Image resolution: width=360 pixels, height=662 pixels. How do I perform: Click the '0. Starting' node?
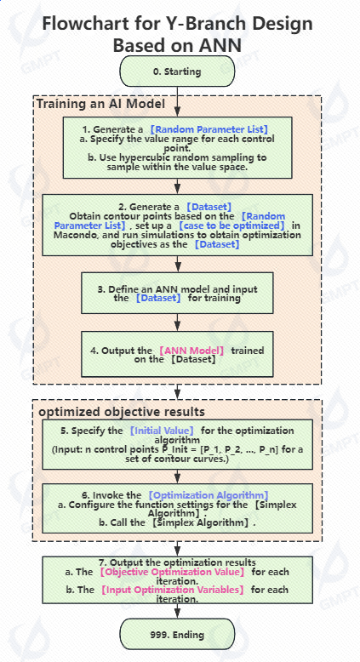click(177, 71)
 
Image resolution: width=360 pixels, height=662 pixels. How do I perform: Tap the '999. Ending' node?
click(177, 635)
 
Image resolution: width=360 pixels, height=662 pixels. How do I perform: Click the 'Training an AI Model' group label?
click(100, 104)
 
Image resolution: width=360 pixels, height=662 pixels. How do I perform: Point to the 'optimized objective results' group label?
click(122, 411)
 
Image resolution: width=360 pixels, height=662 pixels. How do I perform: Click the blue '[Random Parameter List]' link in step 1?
click(209, 129)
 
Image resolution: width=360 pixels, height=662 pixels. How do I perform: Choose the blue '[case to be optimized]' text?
click(231, 225)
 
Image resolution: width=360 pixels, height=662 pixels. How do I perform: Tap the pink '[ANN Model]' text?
click(191, 351)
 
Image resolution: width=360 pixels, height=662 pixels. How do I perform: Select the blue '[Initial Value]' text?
click(162, 431)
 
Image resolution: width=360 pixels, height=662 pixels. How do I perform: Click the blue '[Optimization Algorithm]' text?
click(209, 495)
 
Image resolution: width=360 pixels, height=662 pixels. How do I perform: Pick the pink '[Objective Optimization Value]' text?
click(172, 572)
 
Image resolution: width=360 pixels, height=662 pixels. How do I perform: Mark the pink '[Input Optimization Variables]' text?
click(172, 590)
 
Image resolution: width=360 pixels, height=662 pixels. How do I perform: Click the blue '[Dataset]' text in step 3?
click(158, 299)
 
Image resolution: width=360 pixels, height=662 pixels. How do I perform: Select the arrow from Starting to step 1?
click(177, 102)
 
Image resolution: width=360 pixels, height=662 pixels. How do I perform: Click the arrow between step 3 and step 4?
click(177, 322)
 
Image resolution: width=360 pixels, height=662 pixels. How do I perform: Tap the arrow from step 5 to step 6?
click(177, 477)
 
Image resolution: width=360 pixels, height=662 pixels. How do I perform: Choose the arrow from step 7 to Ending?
click(177, 611)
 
